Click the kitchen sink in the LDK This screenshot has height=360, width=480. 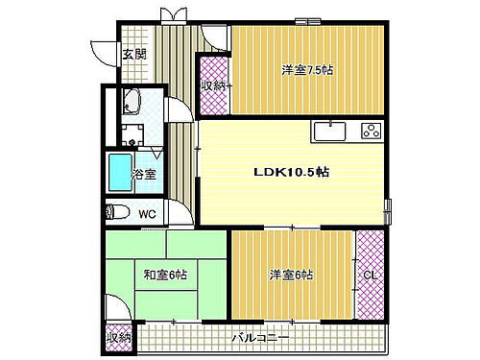[330, 131]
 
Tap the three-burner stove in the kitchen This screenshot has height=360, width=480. [371, 130]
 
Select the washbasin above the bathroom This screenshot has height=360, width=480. [133, 101]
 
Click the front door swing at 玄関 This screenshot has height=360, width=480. [103, 51]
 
